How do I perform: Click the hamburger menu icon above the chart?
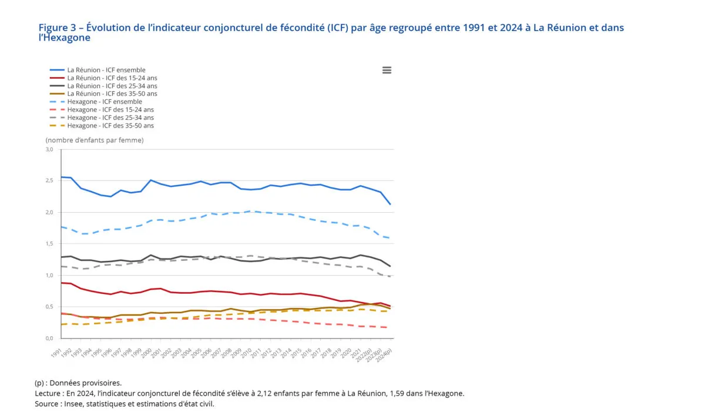tap(387, 70)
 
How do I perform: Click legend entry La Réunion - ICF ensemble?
tap(106, 70)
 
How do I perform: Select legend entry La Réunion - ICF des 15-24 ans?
tap(112, 78)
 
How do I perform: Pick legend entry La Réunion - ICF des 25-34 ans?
tap(112, 86)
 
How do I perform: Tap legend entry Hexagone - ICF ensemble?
tap(104, 102)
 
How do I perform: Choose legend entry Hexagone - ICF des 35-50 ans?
tap(110, 126)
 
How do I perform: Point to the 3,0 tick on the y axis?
tap(49, 149)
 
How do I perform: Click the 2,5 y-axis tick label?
tap(49, 181)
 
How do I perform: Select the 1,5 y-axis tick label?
tap(49, 244)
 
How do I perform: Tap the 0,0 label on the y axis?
tap(49, 338)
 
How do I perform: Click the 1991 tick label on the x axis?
tap(57, 351)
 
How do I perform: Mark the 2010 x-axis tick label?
tap(247, 351)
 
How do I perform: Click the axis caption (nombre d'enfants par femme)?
tap(95, 140)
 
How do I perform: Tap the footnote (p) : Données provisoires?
tap(78, 383)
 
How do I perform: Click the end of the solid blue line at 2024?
tap(391, 205)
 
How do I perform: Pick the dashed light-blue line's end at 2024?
tap(391, 238)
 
